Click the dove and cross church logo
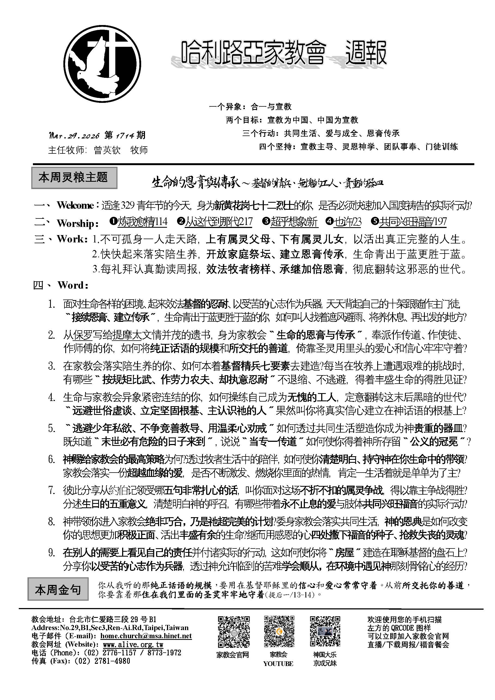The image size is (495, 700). click(x=102, y=64)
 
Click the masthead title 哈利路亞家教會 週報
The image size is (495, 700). click(x=283, y=53)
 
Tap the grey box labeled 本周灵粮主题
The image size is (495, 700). click(x=74, y=177)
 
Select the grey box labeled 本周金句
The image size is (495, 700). click(x=58, y=590)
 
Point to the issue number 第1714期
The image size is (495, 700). click(x=125, y=135)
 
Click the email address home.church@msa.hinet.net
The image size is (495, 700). click(x=146, y=636)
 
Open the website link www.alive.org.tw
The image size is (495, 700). click(x=133, y=645)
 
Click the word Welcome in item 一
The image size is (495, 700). click(x=75, y=205)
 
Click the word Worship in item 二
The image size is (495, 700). click(x=76, y=223)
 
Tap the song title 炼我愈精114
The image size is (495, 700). click(x=143, y=222)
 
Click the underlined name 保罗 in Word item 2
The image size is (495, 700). click(x=83, y=335)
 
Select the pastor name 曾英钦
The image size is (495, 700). click(x=107, y=150)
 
